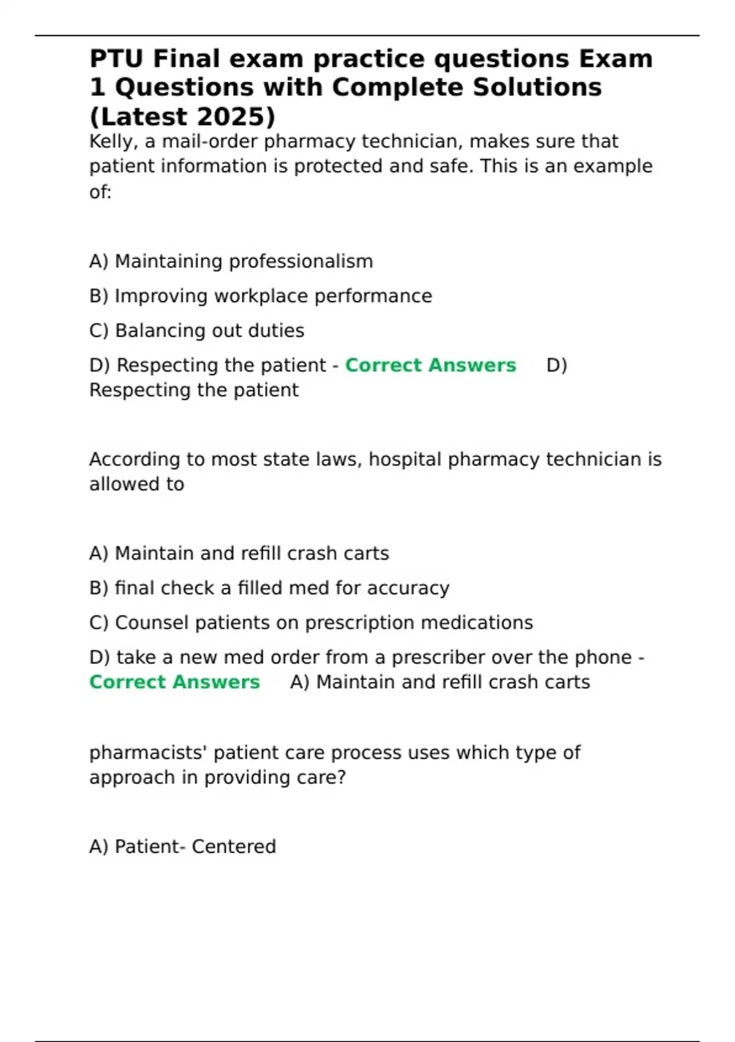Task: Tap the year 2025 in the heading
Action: click(x=232, y=117)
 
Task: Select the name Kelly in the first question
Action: click(x=111, y=142)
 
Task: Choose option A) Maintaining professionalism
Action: click(x=231, y=262)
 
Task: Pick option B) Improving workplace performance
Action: click(x=260, y=296)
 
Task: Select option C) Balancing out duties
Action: click(x=197, y=331)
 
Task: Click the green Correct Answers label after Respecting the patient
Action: click(x=431, y=365)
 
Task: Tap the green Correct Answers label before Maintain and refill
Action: click(x=175, y=682)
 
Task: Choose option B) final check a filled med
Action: click(x=269, y=588)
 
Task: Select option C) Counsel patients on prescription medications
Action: click(x=311, y=623)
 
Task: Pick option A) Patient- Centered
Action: click(x=183, y=847)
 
